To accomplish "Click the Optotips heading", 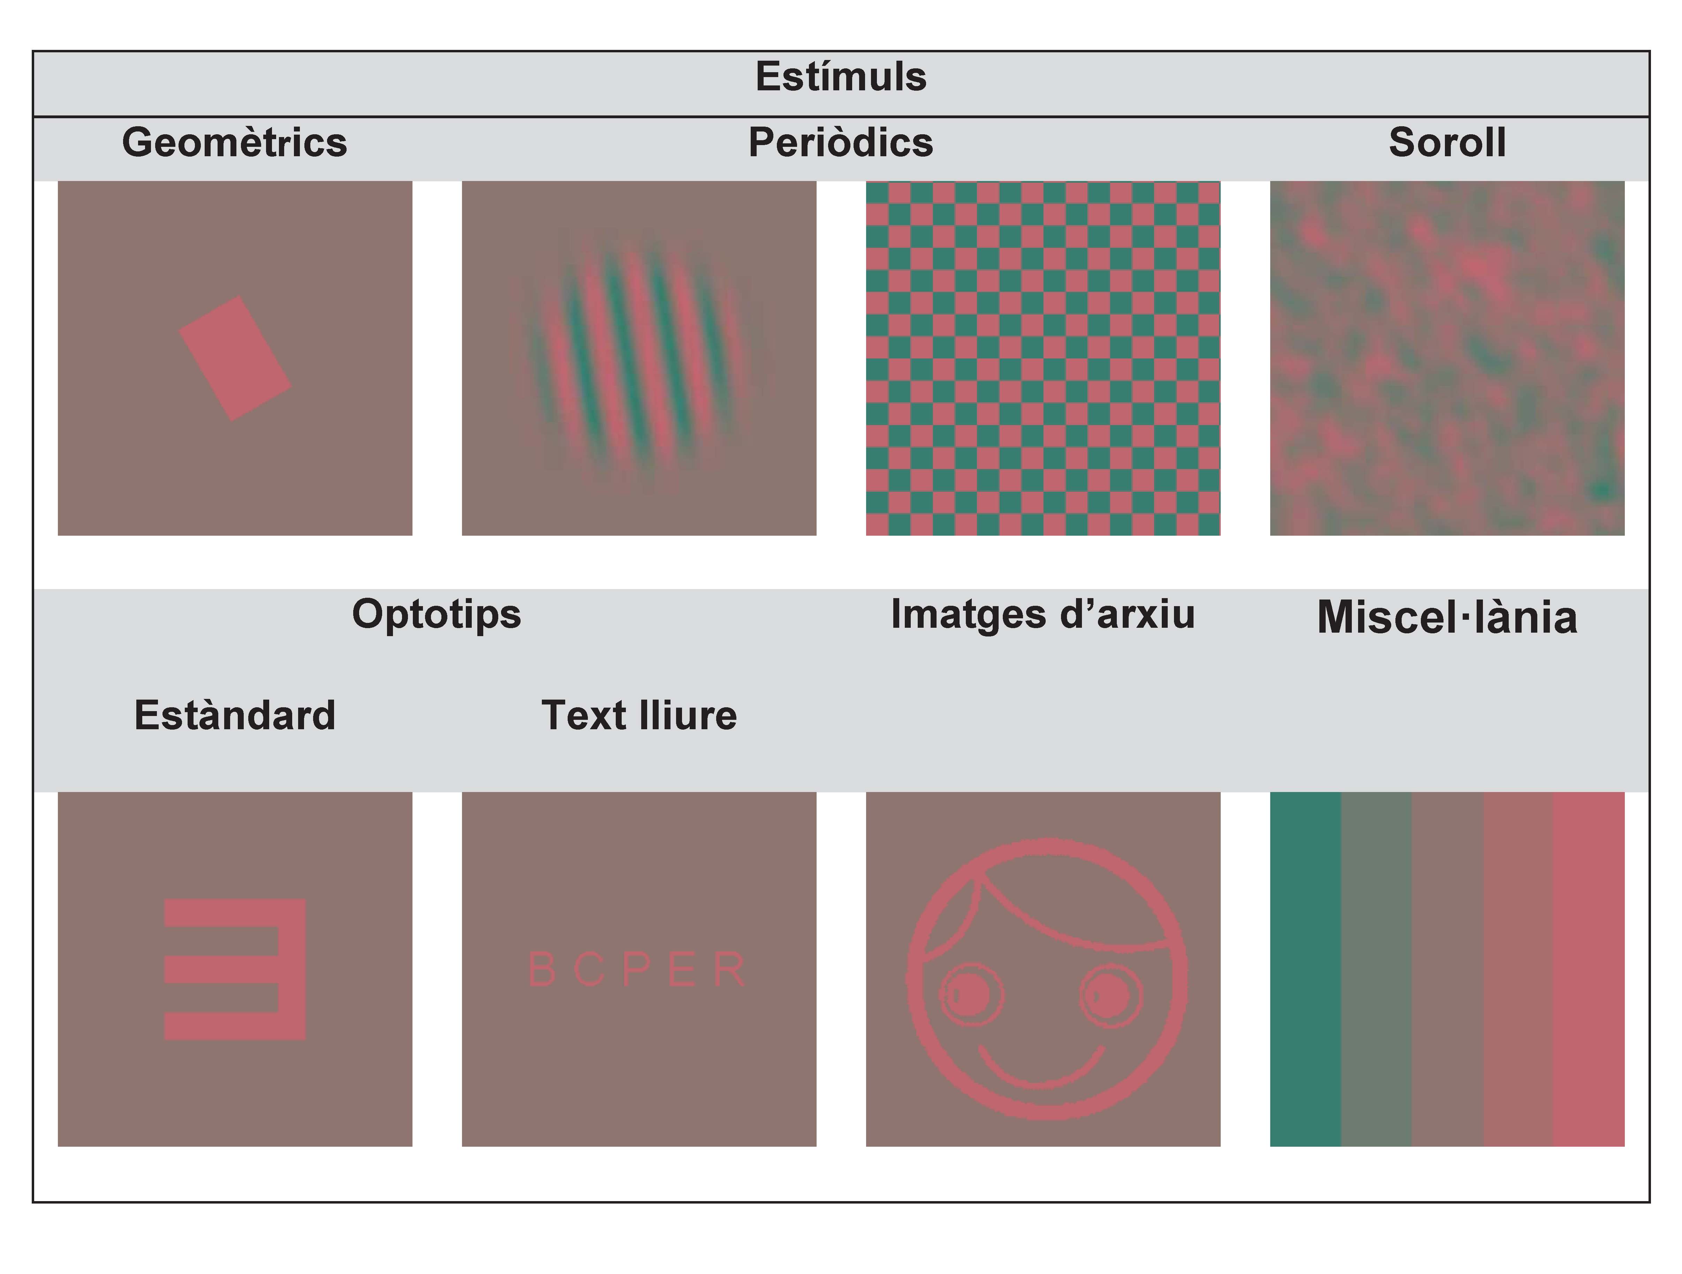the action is [437, 615].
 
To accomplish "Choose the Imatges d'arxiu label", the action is [1043, 615].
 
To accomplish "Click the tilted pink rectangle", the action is [235, 359].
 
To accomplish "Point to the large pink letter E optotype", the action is [235, 970].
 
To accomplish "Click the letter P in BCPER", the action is [637, 969].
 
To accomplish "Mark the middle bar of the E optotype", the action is [221, 970].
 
